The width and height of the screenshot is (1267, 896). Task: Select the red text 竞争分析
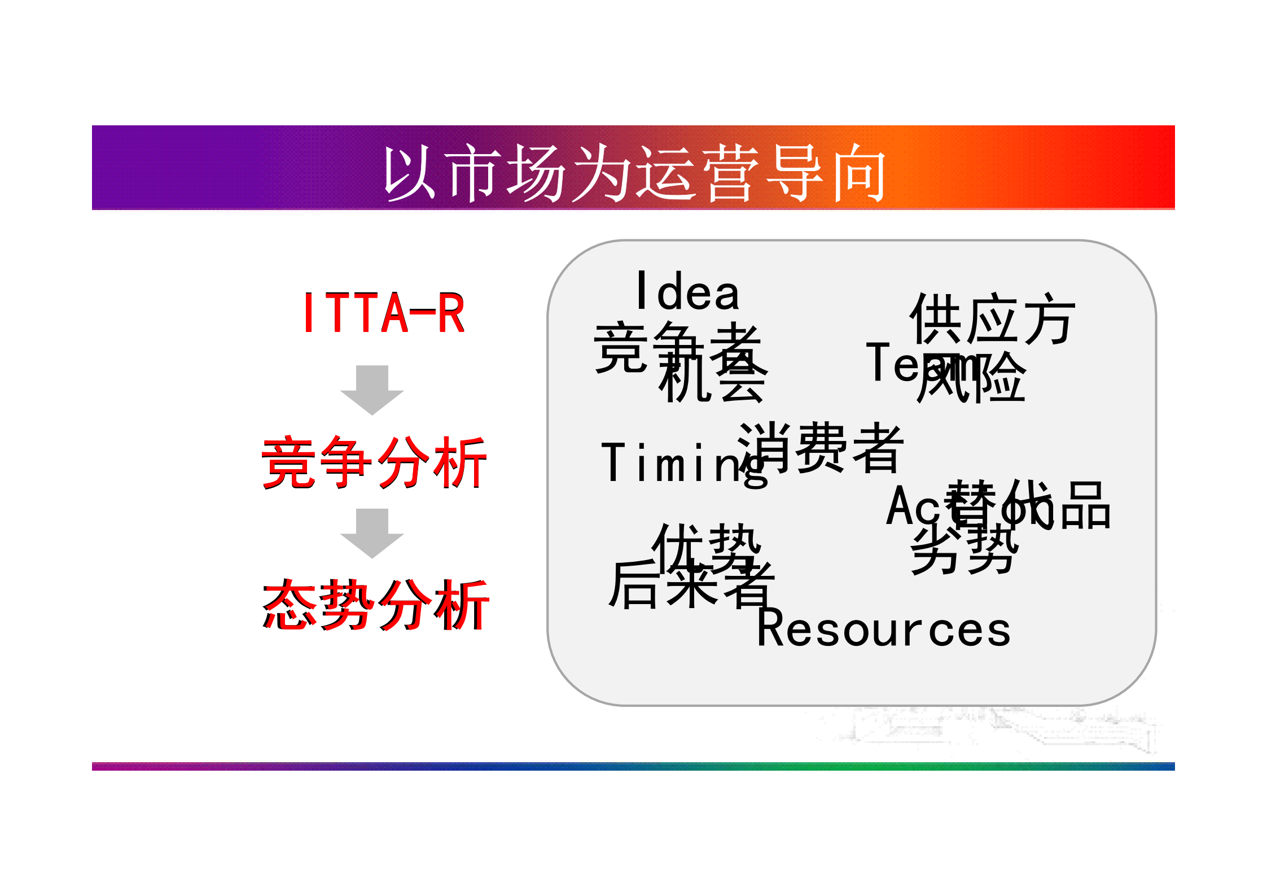point(374,462)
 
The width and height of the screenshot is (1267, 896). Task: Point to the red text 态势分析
point(375,605)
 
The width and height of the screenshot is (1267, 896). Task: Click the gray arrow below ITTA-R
point(372,389)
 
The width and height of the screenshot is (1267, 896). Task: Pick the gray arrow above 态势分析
point(372,532)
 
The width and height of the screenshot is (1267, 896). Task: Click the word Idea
point(687,291)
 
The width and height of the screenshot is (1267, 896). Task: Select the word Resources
point(883,630)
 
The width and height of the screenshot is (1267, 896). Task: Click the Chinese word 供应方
point(992,319)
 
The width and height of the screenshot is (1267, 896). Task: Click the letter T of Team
point(878,361)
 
